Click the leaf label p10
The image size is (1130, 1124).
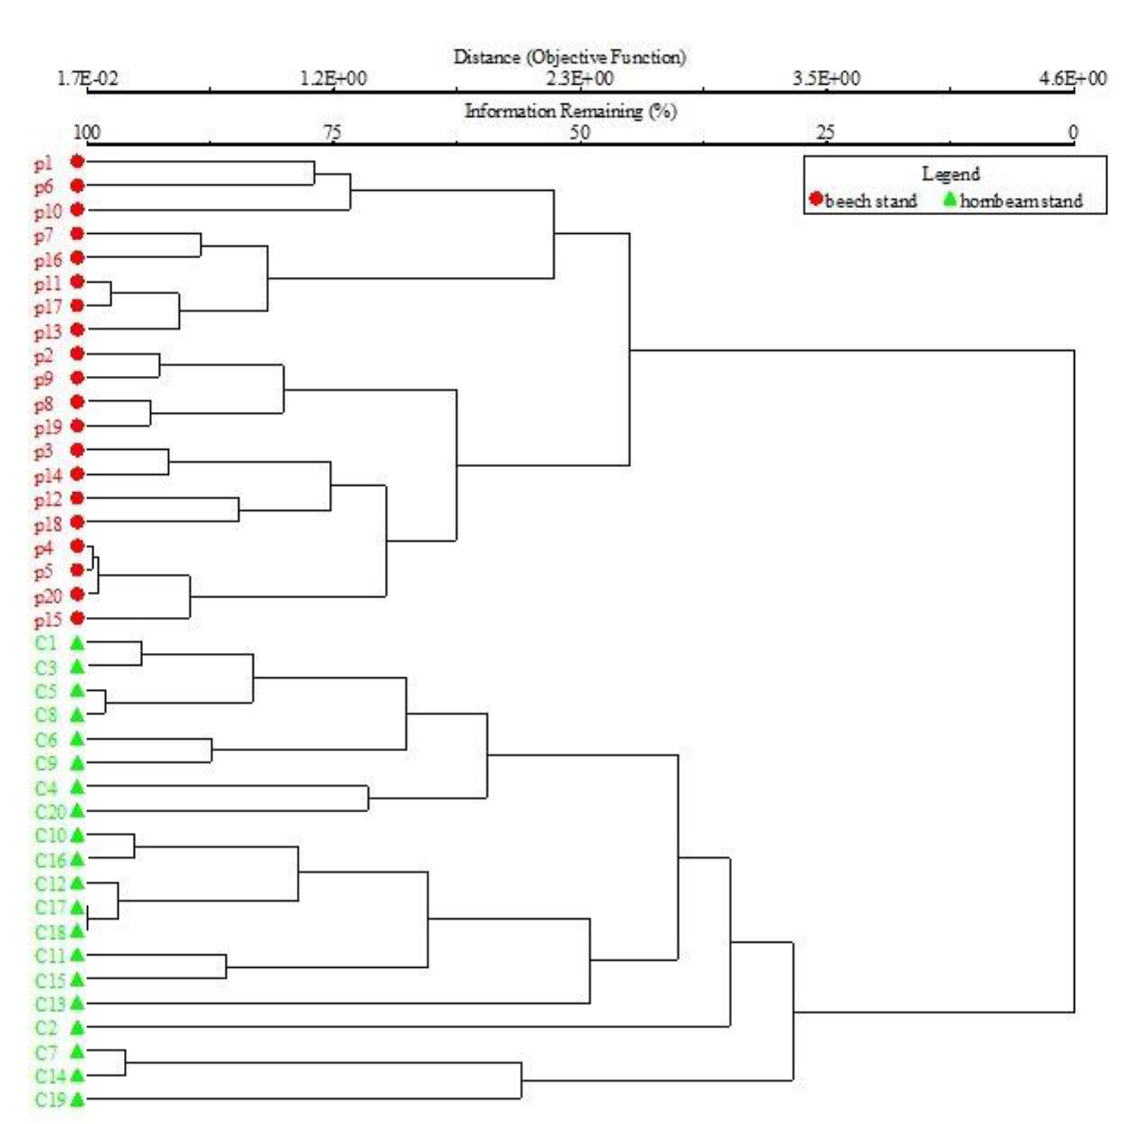pyautogui.click(x=47, y=211)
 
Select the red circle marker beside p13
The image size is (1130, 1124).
pyautogui.click(x=77, y=330)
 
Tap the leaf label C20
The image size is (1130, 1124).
pyautogui.click(x=50, y=812)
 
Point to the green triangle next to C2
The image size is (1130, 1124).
pyautogui.click(x=77, y=1027)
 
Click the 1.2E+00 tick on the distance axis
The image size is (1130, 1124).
pyautogui.click(x=334, y=78)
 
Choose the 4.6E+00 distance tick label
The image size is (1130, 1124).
pyautogui.click(x=1072, y=78)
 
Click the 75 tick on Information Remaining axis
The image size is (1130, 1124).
pyautogui.click(x=332, y=132)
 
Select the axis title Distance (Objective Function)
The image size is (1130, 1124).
pyautogui.click(x=569, y=57)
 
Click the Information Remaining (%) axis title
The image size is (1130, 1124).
pyautogui.click(x=570, y=111)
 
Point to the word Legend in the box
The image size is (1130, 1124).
pyautogui.click(x=950, y=173)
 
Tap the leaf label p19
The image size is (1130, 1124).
pyautogui.click(x=47, y=428)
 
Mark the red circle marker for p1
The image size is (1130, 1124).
pyautogui.click(x=77, y=162)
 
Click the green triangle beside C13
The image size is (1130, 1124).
pyautogui.click(x=77, y=1003)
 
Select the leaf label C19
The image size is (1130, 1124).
pyautogui.click(x=50, y=1100)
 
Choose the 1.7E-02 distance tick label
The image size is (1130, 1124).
pyautogui.click(x=87, y=78)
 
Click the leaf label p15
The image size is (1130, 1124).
pyautogui.click(x=47, y=620)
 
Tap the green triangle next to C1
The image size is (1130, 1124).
pyautogui.click(x=77, y=644)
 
